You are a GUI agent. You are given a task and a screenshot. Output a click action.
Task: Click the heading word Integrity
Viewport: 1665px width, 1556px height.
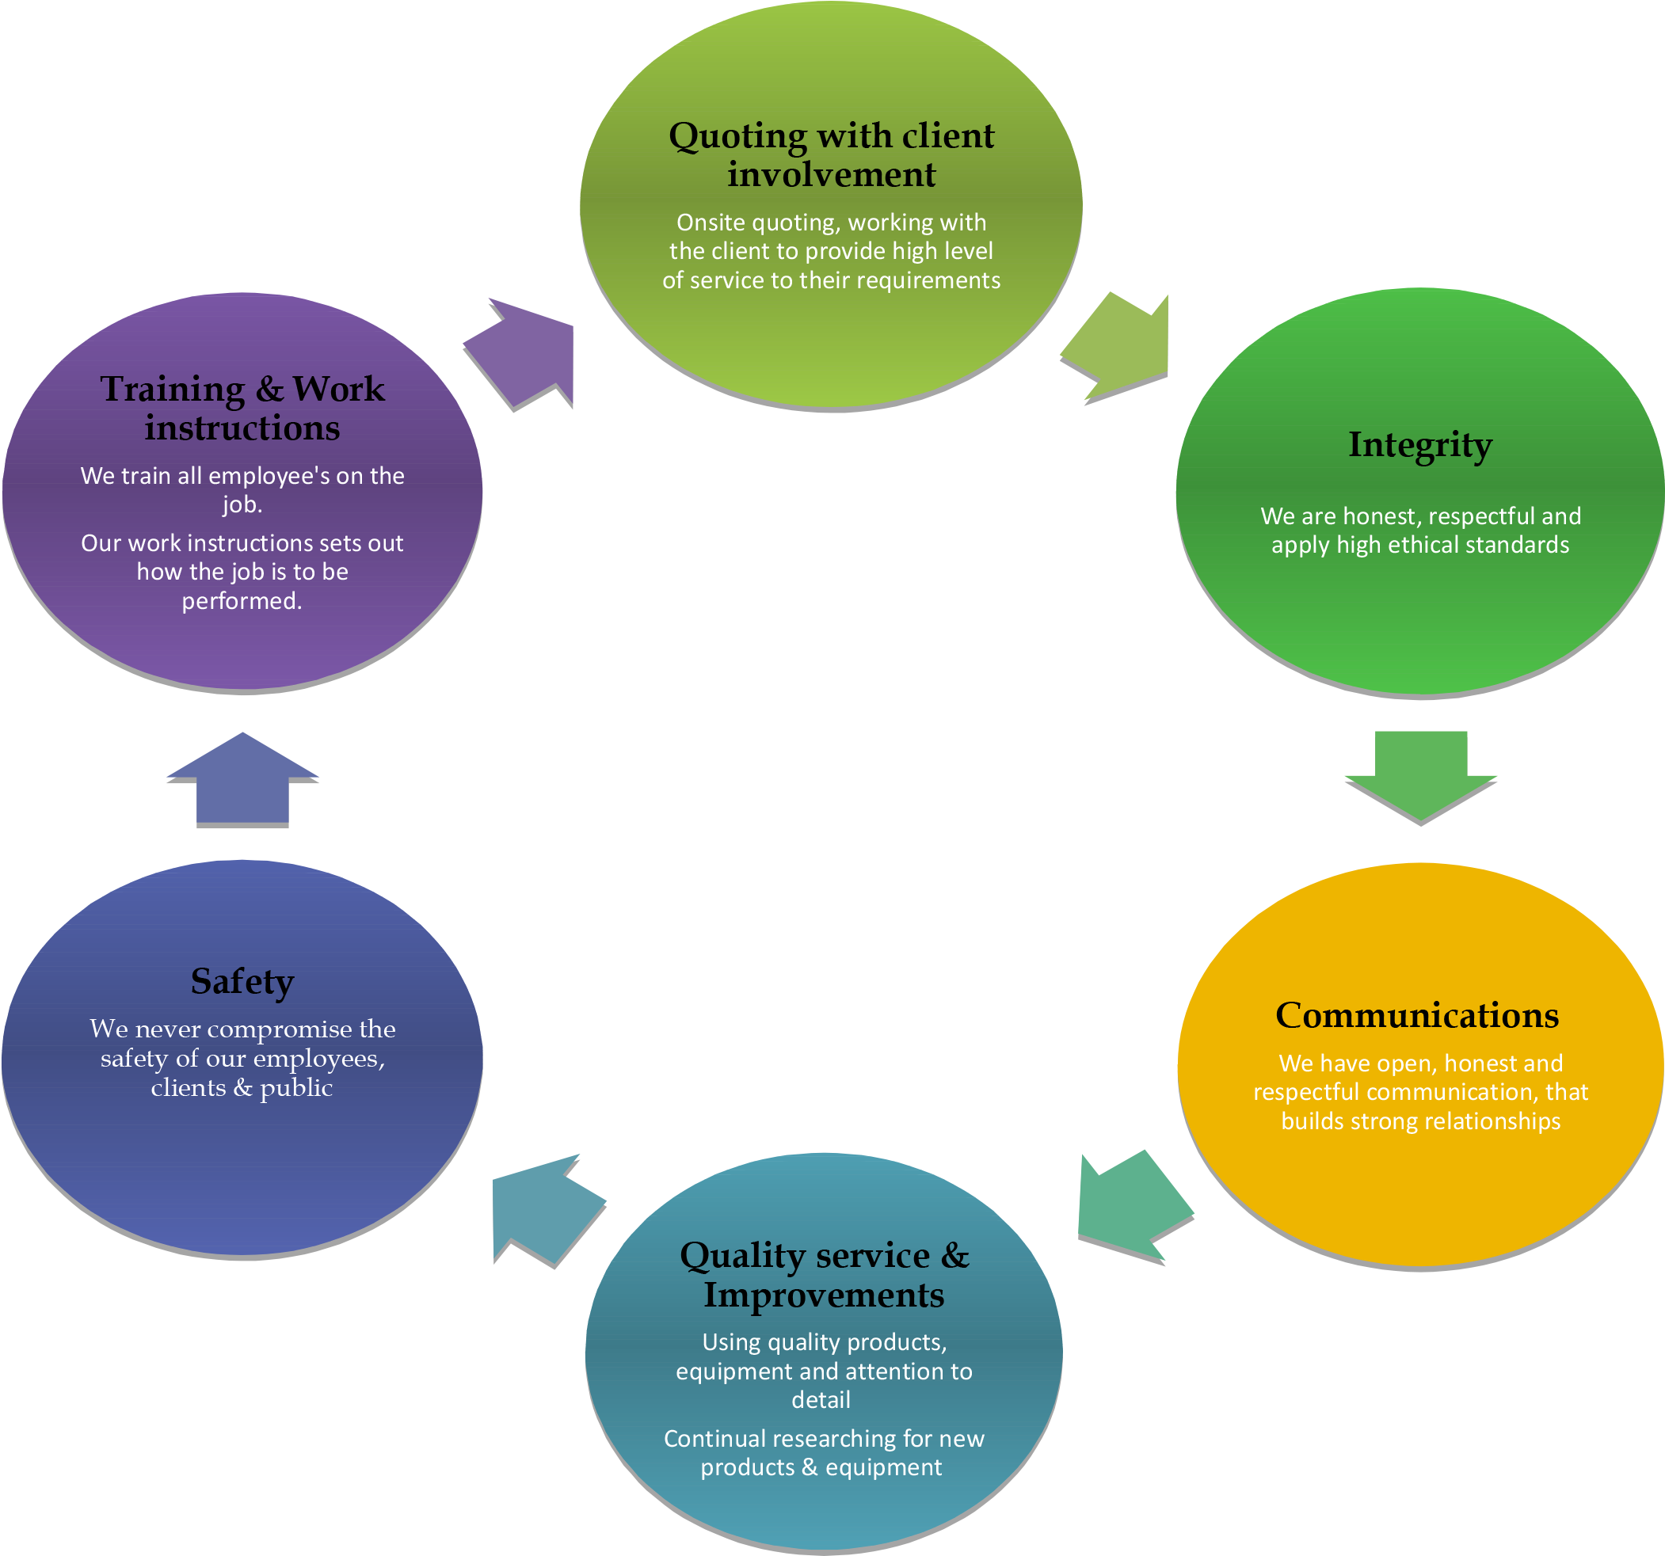[x=1419, y=445]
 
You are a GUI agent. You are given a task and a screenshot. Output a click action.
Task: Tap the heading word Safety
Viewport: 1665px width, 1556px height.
[x=242, y=981]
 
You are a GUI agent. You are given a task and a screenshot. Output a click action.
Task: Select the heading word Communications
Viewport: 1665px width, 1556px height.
[x=1417, y=1015]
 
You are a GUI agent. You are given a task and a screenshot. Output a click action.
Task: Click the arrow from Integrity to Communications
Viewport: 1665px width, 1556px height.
[x=1420, y=774]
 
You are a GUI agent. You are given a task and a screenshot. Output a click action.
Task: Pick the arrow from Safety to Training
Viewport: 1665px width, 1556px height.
[x=242, y=779]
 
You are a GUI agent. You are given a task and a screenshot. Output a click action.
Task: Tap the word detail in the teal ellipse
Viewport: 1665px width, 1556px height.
[x=821, y=1400]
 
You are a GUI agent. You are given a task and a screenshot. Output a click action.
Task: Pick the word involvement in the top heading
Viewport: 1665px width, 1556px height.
[x=831, y=175]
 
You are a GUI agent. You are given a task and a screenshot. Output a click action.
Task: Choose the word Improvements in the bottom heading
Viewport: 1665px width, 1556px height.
[x=823, y=1295]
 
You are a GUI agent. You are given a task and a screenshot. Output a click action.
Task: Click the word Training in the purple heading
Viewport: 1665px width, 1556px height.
[x=173, y=390]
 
